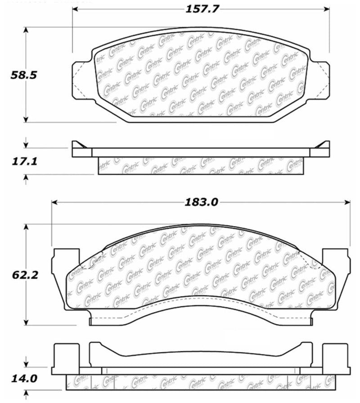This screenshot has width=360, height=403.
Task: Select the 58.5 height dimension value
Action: coord(24,75)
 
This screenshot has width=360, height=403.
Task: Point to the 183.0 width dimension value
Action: coord(201,202)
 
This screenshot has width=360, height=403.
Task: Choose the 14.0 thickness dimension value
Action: coord(24,378)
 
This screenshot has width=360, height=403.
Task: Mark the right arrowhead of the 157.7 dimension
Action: coord(327,9)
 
